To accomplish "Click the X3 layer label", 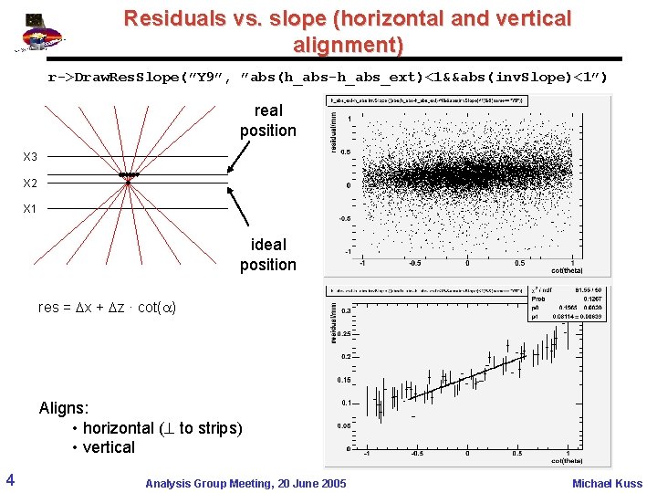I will point(30,157).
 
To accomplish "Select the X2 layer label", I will point(30,183).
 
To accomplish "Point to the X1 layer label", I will point(30,208).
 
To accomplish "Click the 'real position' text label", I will point(267,121).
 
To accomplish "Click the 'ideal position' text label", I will point(267,255).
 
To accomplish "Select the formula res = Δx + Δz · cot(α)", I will point(106,307).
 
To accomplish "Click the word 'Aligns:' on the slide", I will point(64,408).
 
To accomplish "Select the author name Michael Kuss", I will point(607,483).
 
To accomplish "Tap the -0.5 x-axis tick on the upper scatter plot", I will point(415,262).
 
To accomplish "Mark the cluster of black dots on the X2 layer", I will point(129,174).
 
